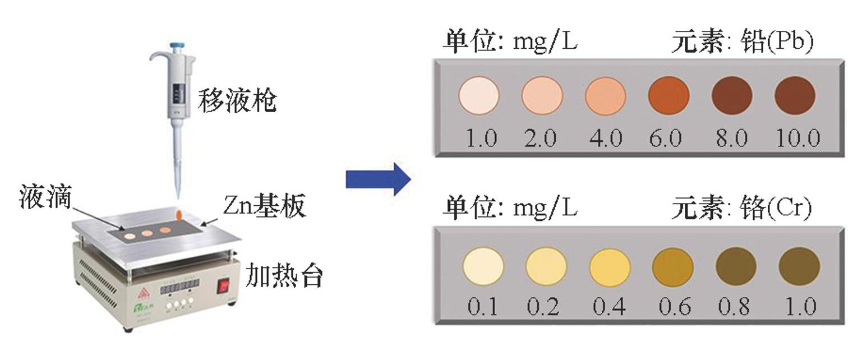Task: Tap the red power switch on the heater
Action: (x=225, y=287)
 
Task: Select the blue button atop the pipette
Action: (x=178, y=43)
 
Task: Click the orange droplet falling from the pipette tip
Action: (x=179, y=214)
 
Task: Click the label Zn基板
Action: (x=264, y=207)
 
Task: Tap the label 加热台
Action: (x=285, y=276)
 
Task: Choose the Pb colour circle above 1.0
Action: (x=479, y=95)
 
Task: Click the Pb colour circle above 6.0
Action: (x=669, y=95)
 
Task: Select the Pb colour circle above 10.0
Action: (x=795, y=95)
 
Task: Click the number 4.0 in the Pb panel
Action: (x=605, y=138)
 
